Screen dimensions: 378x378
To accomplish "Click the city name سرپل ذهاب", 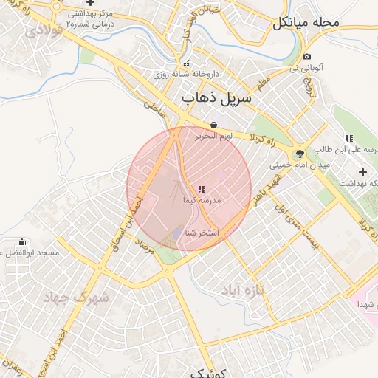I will pos(216,97).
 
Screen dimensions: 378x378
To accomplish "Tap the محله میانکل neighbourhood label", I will pos(306,23).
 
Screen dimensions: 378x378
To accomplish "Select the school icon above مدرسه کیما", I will pos(202,190).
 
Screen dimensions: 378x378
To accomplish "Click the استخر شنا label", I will pos(202,233).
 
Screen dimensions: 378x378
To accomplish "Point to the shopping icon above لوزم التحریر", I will pos(213,125).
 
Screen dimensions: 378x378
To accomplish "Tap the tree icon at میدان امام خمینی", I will pos(299,154).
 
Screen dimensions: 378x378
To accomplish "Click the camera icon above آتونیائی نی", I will pos(307,57).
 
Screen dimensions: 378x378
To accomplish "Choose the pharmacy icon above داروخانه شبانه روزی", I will pos(186,63).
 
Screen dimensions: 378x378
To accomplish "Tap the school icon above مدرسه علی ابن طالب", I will pos(349,138).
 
